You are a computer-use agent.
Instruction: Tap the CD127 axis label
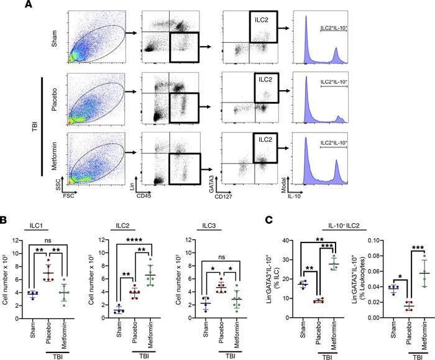231,192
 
